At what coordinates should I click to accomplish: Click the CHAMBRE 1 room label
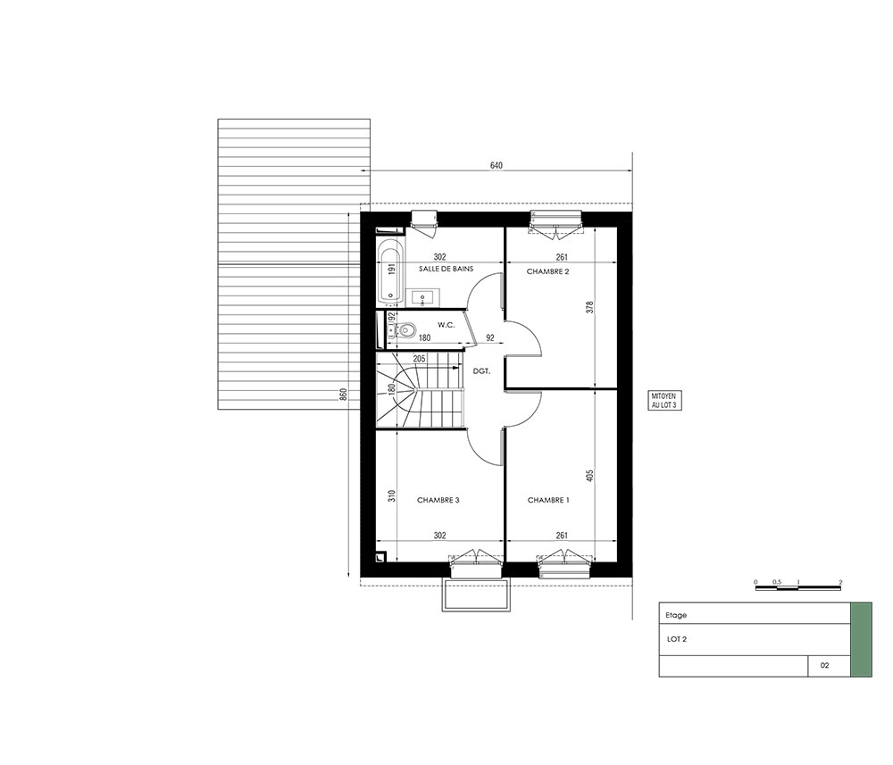coord(548,500)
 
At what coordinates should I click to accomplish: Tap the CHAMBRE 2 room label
coord(547,271)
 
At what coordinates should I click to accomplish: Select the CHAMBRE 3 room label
coord(438,500)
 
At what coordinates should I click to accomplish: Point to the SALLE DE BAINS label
coord(446,269)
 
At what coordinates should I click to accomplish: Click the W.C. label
coord(446,325)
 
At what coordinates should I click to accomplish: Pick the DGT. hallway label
coord(482,371)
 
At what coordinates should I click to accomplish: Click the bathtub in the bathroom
coord(390,270)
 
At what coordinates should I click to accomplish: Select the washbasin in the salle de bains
coord(422,296)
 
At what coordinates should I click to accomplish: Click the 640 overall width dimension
coord(496,166)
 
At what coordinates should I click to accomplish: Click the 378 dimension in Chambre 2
coord(590,307)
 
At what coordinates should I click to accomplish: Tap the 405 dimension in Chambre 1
coord(590,475)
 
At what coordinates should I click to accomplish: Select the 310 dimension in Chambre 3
coord(392,496)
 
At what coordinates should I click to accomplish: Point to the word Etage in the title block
coord(676,615)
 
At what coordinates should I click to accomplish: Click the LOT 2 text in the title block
coord(677,639)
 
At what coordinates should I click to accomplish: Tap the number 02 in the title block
coord(824,665)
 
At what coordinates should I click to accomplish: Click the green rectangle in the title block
coord(861,639)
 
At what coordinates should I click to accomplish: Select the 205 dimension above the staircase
coord(419,359)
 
